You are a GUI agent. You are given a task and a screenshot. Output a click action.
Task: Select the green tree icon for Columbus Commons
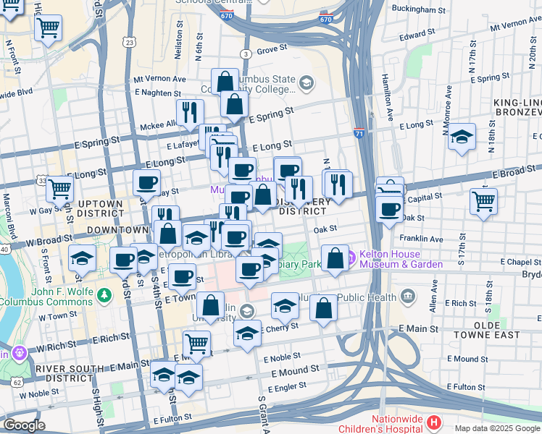pos(106,295)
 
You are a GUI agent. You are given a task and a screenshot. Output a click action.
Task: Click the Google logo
pos(23,425)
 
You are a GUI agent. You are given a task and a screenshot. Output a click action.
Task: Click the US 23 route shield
pos(129,43)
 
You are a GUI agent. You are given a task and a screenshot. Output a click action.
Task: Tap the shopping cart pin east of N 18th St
pos(483,200)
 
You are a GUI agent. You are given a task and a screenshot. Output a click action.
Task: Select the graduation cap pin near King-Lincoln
pos(462,135)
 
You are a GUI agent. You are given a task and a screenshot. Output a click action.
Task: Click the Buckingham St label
pos(417,11)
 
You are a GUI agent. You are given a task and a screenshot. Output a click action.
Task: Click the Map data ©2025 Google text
pos(496,428)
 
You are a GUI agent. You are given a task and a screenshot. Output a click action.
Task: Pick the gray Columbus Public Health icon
pos(408,296)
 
